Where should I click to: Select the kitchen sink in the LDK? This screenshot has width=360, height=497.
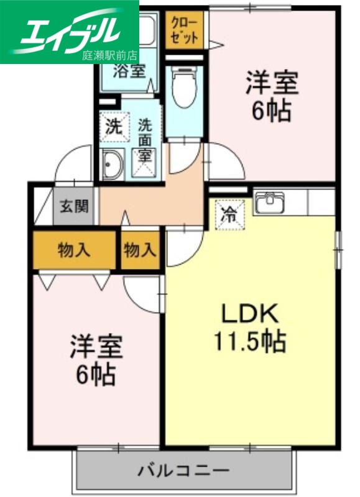(270, 203)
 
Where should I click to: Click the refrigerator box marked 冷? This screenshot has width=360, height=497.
(230, 215)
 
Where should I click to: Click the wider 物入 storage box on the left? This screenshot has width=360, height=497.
(75, 250)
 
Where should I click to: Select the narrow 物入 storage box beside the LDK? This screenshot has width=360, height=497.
(140, 250)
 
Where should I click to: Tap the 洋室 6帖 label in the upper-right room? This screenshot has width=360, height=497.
(272, 96)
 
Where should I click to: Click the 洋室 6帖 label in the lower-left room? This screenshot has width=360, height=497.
(95, 360)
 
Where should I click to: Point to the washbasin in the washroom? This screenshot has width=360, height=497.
(113, 165)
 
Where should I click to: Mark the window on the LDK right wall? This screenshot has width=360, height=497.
(339, 248)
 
